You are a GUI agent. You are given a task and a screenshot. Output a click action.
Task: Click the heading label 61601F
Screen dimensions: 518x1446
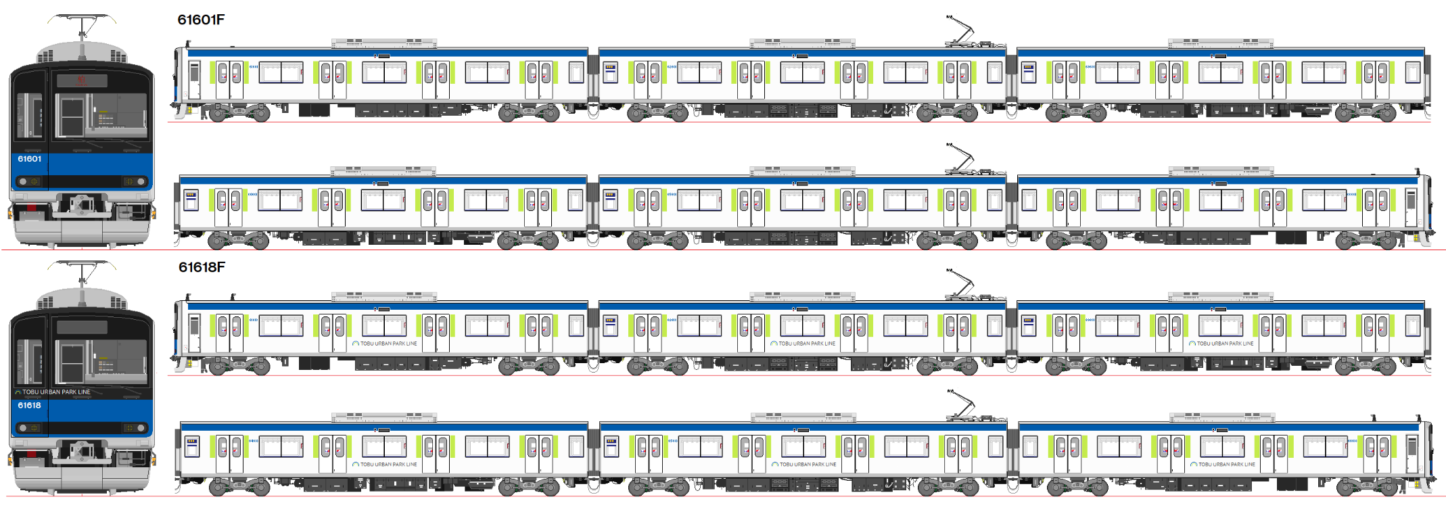[201, 20]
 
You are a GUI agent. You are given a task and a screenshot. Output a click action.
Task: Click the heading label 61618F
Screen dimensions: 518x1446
[202, 267]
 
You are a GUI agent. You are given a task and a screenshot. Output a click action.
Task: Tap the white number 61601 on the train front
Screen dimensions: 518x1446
[30, 159]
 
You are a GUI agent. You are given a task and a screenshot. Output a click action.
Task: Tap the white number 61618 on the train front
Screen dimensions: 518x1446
[30, 406]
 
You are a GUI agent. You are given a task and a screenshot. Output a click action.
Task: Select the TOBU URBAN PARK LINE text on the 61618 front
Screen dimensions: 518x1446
[53, 392]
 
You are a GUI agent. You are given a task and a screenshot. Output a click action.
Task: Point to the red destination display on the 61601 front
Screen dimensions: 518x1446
[82, 80]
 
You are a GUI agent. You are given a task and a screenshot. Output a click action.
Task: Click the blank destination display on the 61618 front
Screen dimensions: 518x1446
[82, 327]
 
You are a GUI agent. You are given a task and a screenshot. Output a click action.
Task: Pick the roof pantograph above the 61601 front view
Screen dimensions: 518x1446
[82, 27]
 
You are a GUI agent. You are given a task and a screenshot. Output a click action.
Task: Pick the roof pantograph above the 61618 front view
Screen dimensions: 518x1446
[82, 274]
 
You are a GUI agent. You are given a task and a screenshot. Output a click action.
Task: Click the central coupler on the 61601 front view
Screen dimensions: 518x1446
[82, 203]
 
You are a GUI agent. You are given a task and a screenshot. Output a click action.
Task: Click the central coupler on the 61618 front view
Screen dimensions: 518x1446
[82, 450]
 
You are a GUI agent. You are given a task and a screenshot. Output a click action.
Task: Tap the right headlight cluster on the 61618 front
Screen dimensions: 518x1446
[135, 428]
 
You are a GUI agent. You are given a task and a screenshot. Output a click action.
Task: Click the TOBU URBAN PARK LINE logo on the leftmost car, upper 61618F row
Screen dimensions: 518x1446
[385, 344]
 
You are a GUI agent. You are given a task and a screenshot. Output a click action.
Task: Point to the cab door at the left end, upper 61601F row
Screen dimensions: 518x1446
[195, 80]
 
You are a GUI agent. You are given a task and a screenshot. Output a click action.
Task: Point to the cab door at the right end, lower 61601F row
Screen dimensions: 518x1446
[1411, 208]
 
